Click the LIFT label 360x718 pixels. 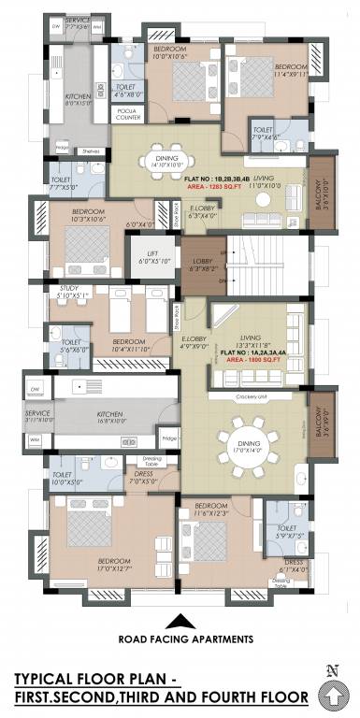[150, 253]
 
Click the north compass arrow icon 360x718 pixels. [331, 694]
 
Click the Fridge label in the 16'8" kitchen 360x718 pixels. [168, 437]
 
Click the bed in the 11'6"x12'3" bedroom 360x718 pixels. [211, 540]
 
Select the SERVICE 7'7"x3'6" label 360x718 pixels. [79, 23]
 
